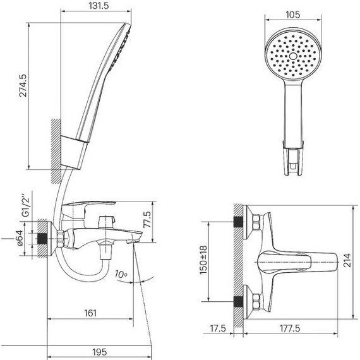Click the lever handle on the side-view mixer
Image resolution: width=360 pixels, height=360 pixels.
click(95, 209)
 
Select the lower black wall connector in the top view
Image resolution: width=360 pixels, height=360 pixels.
click(238, 301)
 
